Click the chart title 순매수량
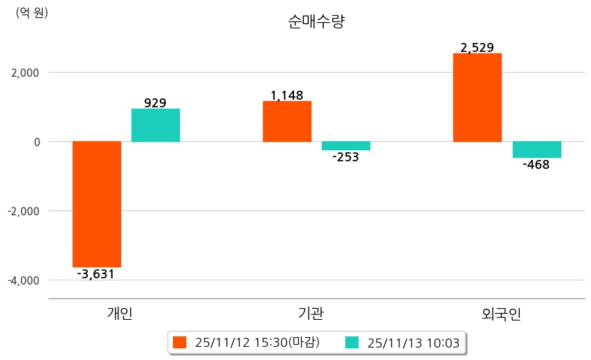[316, 21]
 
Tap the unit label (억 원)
[32, 12]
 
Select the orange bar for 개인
[97, 204]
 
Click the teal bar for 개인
[156, 125]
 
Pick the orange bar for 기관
[287, 121]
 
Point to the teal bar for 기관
[346, 145]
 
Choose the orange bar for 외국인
[478, 98]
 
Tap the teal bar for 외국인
[537, 150]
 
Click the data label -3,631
[96, 274]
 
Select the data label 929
[155, 103]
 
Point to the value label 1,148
[287, 96]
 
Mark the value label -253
[346, 157]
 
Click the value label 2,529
[478, 48]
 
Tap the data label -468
[536, 165]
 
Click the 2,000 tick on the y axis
[25, 73]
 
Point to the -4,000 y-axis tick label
[24, 280]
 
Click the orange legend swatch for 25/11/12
[180, 342]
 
